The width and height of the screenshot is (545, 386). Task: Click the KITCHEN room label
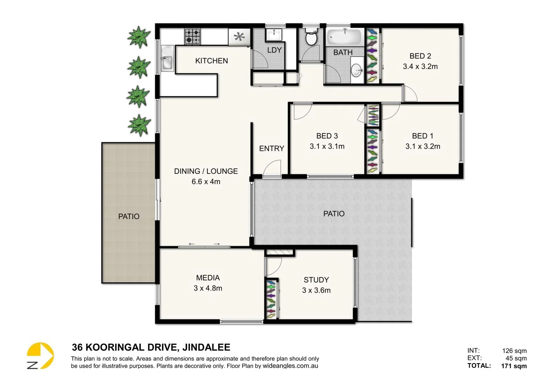[x=211, y=61]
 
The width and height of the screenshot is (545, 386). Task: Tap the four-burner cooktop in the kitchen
[x=192, y=36]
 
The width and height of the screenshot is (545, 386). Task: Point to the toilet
[x=311, y=38]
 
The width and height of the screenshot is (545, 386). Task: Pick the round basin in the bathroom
[x=357, y=70]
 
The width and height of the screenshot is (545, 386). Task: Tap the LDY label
[x=274, y=50]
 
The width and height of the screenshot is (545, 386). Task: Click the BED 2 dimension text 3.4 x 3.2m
[x=420, y=66]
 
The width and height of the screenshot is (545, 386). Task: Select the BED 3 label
[x=327, y=136]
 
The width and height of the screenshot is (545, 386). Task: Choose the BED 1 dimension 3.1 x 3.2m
[x=423, y=147]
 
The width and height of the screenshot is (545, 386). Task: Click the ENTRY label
[x=272, y=148]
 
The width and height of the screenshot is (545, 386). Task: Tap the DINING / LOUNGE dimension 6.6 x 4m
[x=206, y=182]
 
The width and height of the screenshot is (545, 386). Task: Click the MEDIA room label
[x=208, y=278]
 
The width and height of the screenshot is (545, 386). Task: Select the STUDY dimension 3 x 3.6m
[x=316, y=291]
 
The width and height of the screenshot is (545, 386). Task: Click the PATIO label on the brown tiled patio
[x=129, y=216]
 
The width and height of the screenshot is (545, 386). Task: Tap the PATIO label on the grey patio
[x=334, y=214]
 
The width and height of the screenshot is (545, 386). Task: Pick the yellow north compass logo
[x=40, y=356]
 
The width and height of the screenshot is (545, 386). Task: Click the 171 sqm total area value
[x=514, y=366]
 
